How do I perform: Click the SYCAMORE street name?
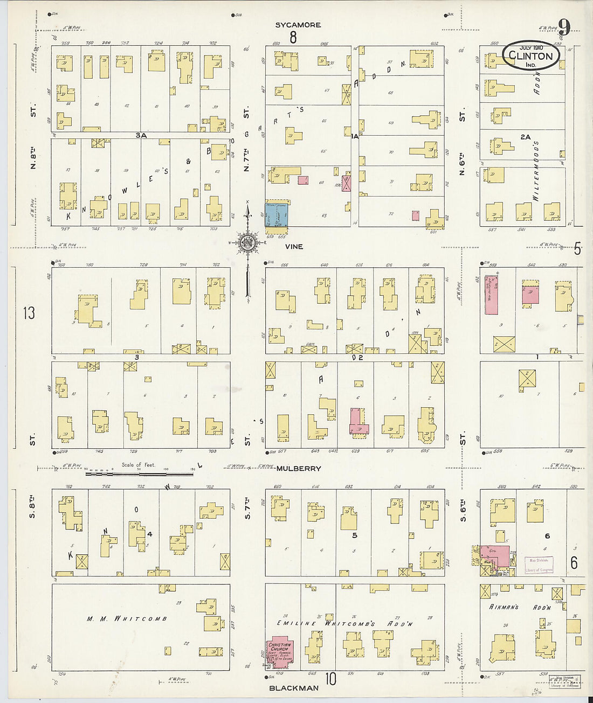[x=298, y=25]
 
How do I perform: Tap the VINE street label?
[x=294, y=246]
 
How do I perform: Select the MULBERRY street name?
[x=298, y=469]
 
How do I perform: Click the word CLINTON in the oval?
[x=530, y=56]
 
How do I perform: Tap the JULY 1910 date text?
[x=531, y=47]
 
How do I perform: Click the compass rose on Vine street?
[x=247, y=243]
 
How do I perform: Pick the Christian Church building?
[x=280, y=653]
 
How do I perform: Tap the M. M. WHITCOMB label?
[x=127, y=619]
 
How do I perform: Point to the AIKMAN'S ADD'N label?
[x=520, y=607]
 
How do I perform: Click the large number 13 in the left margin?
[x=29, y=312]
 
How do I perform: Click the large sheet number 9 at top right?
[x=563, y=27]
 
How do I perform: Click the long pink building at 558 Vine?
[x=491, y=295]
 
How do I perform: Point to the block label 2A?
[x=525, y=137]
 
